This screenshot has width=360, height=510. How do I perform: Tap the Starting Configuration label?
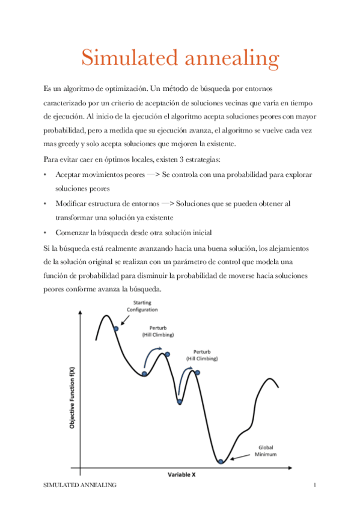pyautogui.click(x=142, y=306)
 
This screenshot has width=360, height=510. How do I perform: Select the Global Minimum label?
pyautogui.click(x=267, y=450)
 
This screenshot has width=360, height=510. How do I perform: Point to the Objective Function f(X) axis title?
pyautogui.click(x=72, y=398)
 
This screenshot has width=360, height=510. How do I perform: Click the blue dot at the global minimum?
pyautogui.click(x=221, y=462)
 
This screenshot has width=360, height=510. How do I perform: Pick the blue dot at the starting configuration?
pyautogui.click(x=115, y=329)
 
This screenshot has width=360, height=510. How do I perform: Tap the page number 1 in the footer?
pyautogui.click(x=314, y=484)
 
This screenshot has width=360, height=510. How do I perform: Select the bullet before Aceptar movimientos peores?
pyautogui.click(x=46, y=174)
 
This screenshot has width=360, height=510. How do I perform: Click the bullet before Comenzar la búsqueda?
pyautogui.click(x=46, y=232)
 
